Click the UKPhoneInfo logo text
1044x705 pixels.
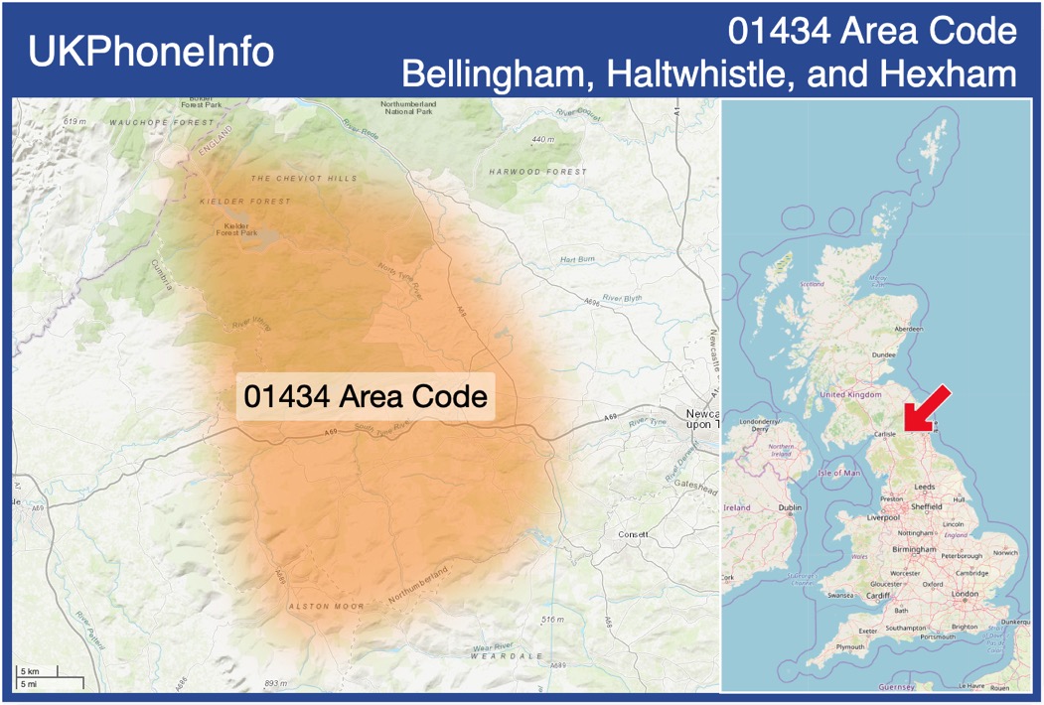pos(151,52)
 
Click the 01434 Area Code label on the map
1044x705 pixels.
pos(366,397)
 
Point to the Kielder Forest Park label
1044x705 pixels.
pos(236,230)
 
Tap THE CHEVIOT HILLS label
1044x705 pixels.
pos(303,179)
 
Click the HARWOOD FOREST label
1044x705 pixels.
pos(537,172)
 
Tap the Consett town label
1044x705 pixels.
pos(632,534)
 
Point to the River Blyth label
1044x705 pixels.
pos(623,298)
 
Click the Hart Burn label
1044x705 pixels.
pos(576,259)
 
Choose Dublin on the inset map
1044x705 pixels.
pos(790,507)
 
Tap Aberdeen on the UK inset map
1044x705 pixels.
pos(908,329)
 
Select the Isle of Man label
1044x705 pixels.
pos(839,473)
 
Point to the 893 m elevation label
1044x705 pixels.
pos(276,684)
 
